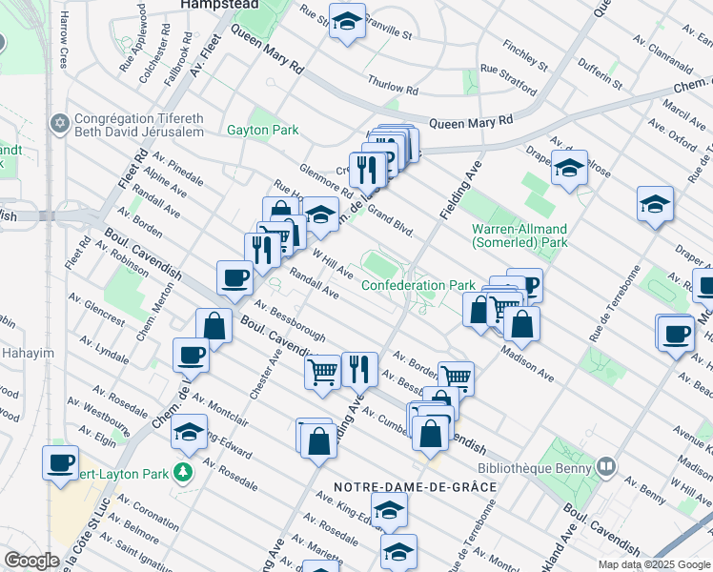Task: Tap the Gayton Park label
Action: pos(262,130)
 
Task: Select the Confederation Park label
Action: pos(418,285)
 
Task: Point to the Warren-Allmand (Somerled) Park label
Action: pos(519,235)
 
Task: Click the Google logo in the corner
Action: pos(31,561)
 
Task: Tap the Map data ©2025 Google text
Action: pos(653,564)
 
